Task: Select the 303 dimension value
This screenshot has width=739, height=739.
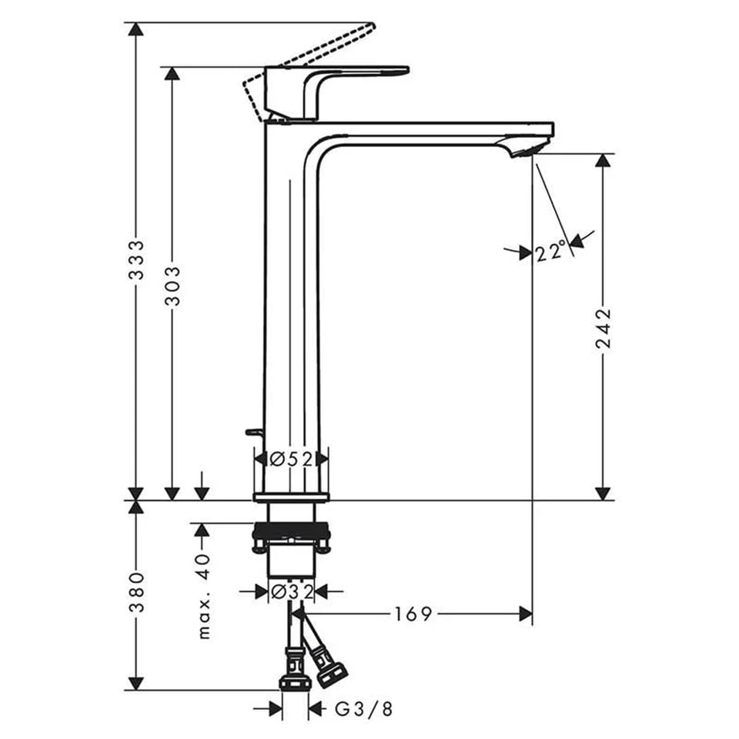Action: coord(172,286)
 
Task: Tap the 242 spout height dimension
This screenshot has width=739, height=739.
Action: coord(604,329)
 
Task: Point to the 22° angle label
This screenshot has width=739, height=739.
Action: coord(550,250)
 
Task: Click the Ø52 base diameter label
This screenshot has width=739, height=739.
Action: coord(291,459)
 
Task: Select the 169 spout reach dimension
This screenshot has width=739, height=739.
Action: coord(413,614)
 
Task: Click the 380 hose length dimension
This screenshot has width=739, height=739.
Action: coord(137,592)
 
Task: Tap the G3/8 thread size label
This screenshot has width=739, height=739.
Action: coord(364,708)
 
